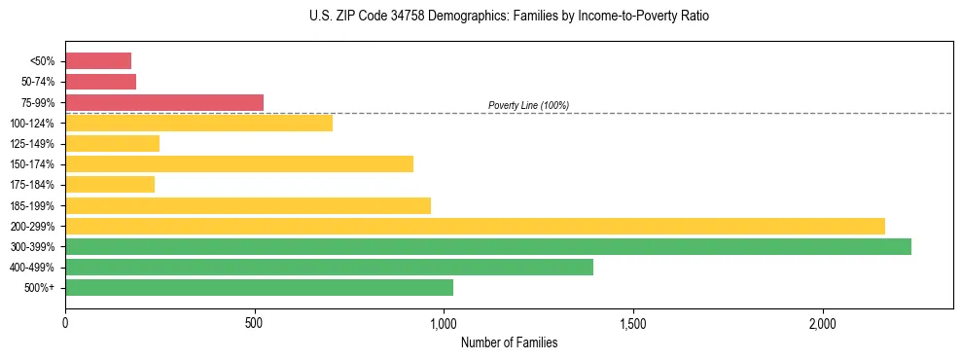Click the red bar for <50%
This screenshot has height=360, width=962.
pos(98,61)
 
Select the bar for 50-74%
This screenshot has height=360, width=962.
pos(100,82)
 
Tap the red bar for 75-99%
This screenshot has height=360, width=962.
pos(164,102)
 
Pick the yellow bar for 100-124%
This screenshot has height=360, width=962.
pos(198,123)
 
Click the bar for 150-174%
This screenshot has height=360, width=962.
pos(239,163)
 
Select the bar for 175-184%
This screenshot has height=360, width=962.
pos(110,184)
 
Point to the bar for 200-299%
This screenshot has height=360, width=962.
pos(475,226)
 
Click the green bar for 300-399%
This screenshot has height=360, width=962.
pos(488,246)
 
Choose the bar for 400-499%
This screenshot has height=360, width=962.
pos(329,267)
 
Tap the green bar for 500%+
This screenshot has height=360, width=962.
pos(259,287)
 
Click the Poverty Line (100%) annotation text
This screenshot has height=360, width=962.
pos(528,105)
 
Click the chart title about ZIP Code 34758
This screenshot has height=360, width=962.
pos(509,17)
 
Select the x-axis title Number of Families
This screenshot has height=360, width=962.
pos(509,342)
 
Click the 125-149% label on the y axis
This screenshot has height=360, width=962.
pos(32,144)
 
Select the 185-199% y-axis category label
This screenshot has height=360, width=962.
pos(32,205)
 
